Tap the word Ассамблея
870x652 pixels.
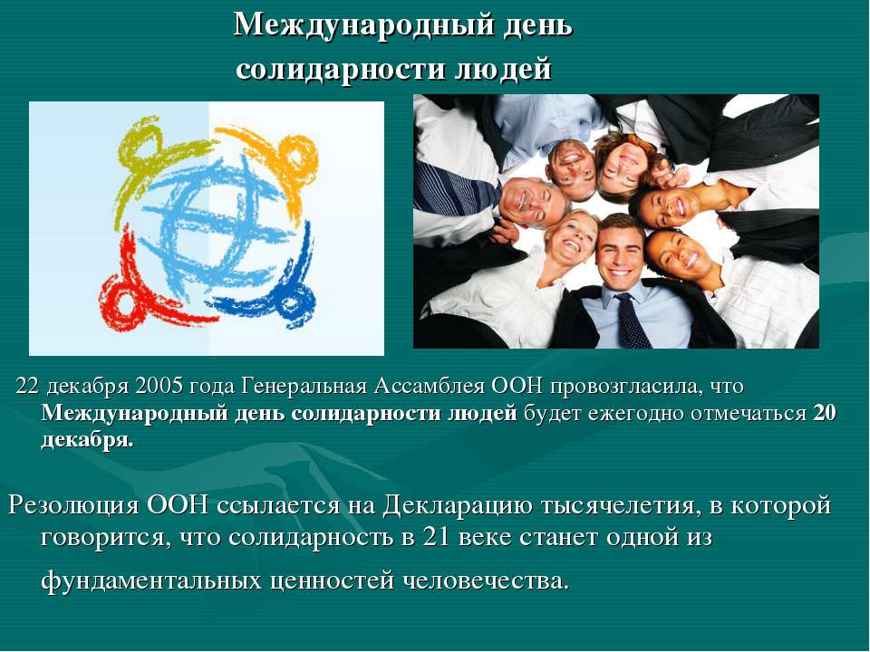(x=425, y=387)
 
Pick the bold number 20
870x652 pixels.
(x=824, y=414)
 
